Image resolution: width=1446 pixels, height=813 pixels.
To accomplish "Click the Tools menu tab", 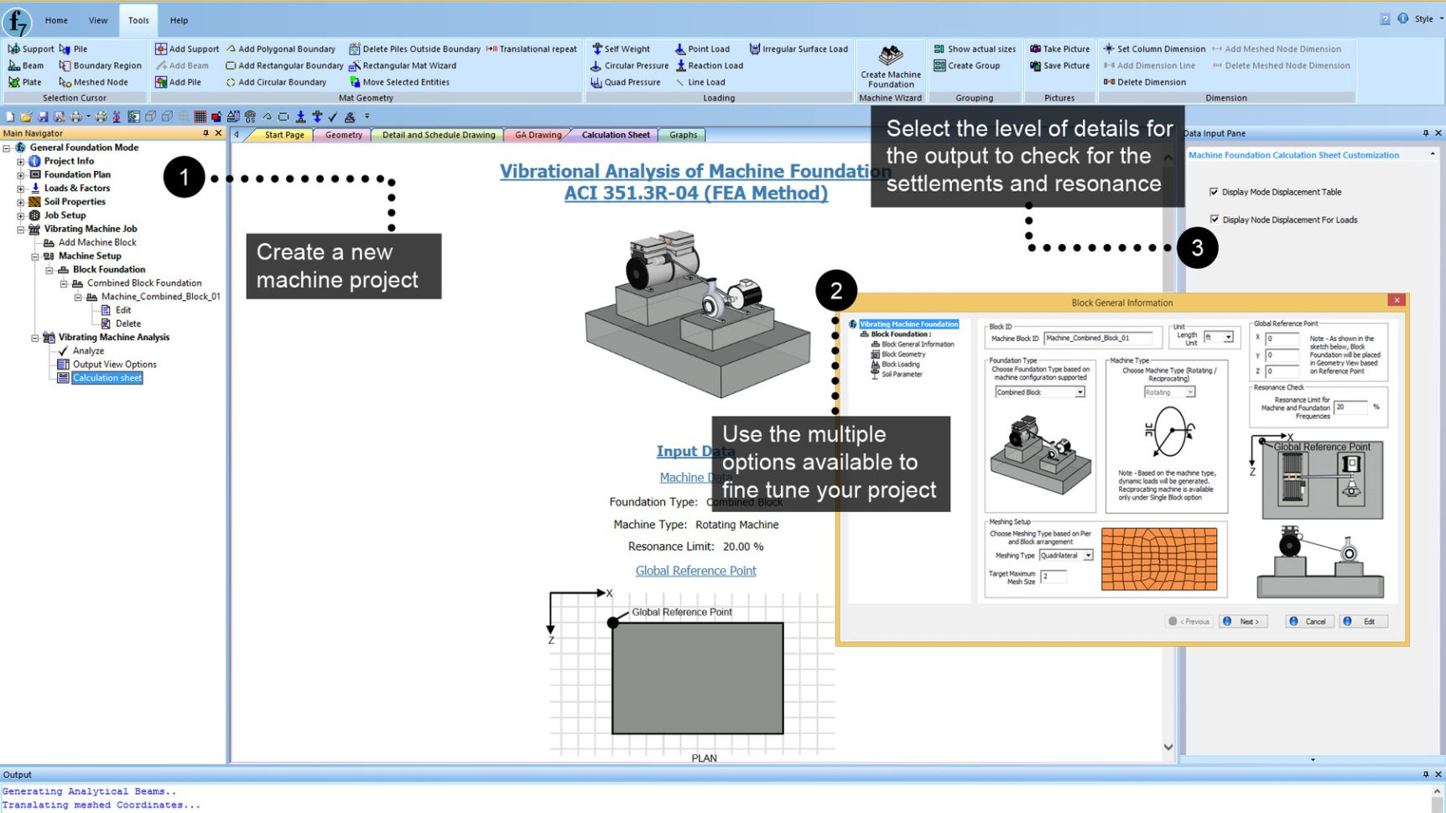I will [138, 20].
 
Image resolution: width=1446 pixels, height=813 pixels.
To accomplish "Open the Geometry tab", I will [343, 135].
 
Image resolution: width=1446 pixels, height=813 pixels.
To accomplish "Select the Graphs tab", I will [683, 135].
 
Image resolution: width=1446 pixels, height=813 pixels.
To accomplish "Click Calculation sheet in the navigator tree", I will [107, 378].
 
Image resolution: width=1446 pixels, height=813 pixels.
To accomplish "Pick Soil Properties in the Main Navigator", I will [75, 202].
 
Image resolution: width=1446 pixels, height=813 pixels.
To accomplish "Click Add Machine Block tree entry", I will [97, 242].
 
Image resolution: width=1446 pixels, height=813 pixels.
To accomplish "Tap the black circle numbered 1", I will [185, 178].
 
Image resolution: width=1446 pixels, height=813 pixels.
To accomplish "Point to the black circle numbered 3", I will [1197, 247].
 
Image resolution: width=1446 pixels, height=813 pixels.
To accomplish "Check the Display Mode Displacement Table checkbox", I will [1214, 192].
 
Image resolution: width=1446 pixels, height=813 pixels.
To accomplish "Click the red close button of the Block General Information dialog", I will [1397, 300].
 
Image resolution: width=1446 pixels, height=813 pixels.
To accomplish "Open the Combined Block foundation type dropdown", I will [1079, 392].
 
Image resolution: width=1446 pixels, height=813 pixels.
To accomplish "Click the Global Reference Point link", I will [695, 571].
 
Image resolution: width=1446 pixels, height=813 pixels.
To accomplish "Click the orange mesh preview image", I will [1158, 559].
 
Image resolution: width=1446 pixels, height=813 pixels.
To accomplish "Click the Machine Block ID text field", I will [1102, 339].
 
